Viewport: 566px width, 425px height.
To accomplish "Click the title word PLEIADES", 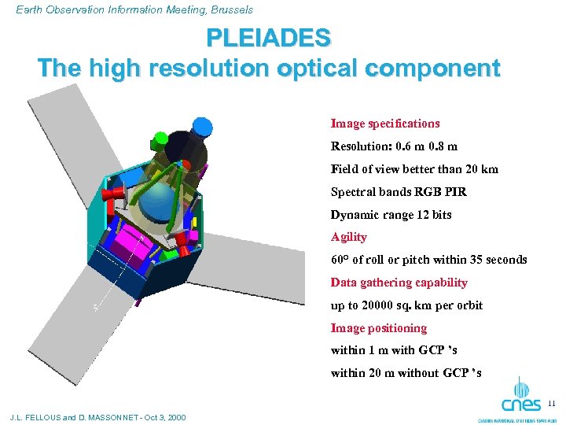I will coord(268,37).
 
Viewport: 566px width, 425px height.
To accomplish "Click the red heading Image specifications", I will coord(384,124).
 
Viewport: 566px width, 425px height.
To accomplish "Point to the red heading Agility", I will coord(348,237).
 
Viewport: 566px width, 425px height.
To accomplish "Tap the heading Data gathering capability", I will coord(399,283).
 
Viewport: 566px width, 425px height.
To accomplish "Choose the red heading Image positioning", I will coord(378,328).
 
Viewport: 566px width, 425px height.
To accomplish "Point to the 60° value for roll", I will coord(340,260).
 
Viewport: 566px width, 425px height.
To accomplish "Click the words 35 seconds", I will coord(500,260).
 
